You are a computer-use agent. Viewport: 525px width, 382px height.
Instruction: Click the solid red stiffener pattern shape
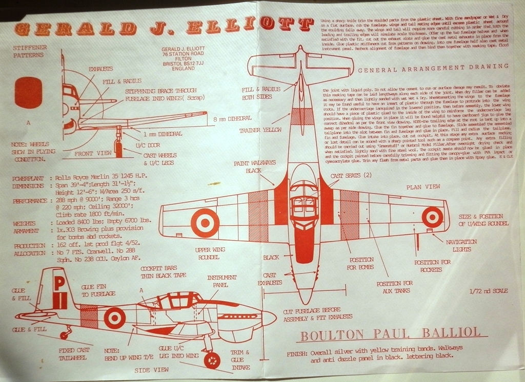point(28,92)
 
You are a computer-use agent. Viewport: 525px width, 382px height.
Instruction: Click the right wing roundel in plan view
point(432,217)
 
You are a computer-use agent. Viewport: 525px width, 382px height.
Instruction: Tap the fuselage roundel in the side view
point(114,318)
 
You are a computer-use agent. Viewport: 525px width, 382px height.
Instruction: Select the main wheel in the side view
point(212,360)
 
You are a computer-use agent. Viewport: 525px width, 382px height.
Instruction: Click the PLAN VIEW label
point(423,187)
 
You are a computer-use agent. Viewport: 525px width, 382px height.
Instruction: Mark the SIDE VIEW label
point(150,369)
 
